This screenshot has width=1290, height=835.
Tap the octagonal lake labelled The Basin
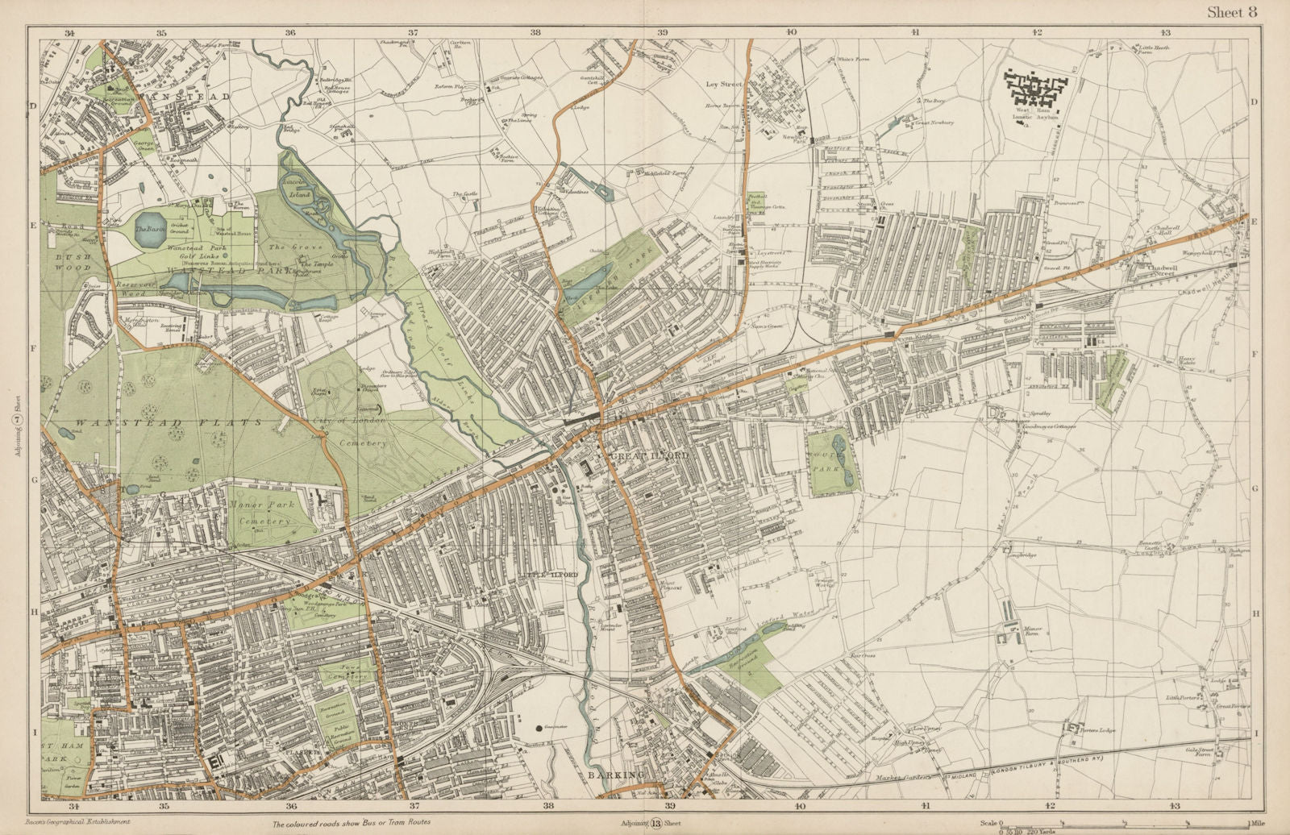(150, 231)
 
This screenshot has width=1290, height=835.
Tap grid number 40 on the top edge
(791, 32)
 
